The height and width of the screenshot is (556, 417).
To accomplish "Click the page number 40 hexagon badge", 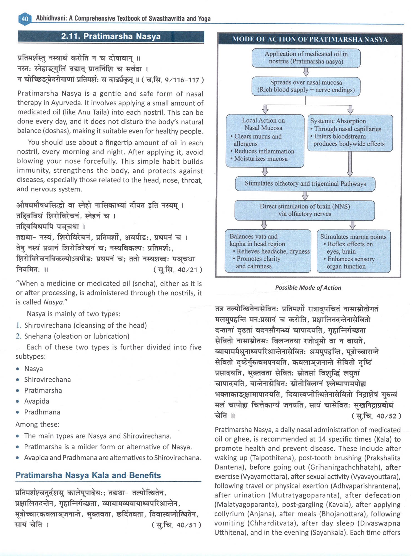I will (x=24, y=19).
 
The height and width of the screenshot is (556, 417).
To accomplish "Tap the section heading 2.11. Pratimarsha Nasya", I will (x=111, y=37).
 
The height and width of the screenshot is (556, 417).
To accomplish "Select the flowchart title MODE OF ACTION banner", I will (x=310, y=39).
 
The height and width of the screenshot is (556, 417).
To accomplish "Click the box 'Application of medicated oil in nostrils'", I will (x=306, y=58).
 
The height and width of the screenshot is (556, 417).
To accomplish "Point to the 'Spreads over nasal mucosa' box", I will (x=306, y=86).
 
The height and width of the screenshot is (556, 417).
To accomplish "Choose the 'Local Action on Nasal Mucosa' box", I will (x=265, y=140).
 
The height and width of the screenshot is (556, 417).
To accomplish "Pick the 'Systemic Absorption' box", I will (x=350, y=133).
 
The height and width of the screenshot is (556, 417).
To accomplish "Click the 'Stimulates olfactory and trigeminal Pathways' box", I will (x=305, y=184).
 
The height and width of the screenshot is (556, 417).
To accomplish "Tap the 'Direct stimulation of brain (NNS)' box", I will (x=305, y=210).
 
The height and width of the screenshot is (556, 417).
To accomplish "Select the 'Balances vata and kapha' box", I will (x=268, y=251).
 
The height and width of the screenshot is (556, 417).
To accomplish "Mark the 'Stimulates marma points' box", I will (x=353, y=251).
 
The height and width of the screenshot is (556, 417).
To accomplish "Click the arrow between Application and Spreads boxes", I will (x=306, y=72).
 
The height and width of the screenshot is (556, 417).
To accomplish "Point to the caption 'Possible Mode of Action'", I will (x=308, y=288).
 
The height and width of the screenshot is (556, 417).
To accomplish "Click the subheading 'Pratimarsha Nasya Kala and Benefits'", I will (x=88, y=475).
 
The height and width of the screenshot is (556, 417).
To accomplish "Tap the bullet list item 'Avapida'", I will (x=36, y=401).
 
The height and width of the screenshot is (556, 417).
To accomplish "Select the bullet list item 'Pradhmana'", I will (x=42, y=412).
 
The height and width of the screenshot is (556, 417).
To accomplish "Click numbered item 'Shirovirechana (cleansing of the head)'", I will (x=85, y=325).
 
